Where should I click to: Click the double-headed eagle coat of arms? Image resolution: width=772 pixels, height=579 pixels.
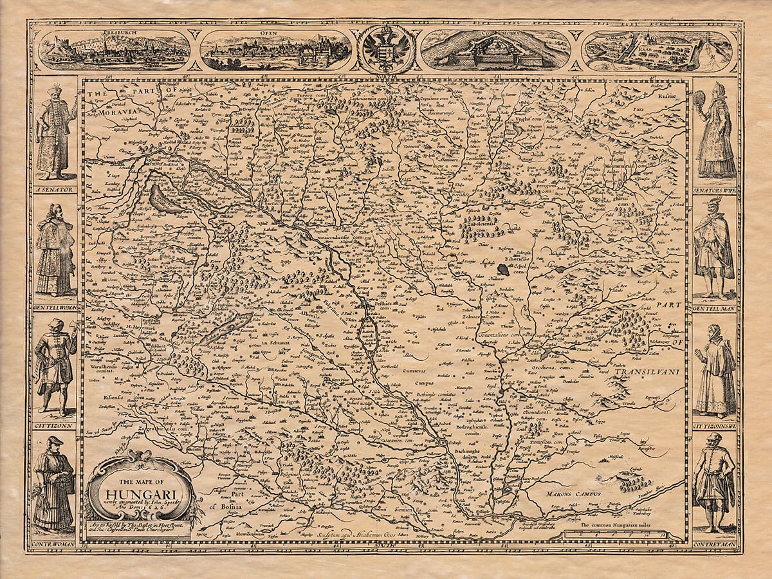[x=386, y=50]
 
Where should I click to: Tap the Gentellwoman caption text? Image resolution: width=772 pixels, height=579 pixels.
[x=54, y=308]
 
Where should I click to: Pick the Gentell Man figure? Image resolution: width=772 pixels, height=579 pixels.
[x=714, y=248]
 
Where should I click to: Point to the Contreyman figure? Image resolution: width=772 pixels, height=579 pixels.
[x=714, y=482]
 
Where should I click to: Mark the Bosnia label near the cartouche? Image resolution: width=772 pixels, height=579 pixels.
[x=228, y=506]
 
